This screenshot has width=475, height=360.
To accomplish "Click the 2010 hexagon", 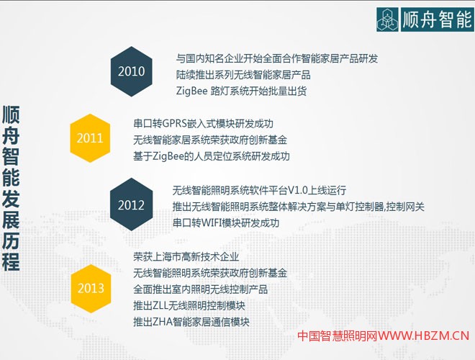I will pyautogui.click(x=132, y=72).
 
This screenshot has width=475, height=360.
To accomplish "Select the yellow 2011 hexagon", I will pyautogui.click(x=91, y=138).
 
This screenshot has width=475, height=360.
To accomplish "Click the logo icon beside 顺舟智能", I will pyautogui.click(x=390, y=17).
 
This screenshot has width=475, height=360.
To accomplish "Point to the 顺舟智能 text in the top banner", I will pyautogui.click(x=436, y=17).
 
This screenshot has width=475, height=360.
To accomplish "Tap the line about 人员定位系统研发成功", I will pyautogui.click(x=212, y=156).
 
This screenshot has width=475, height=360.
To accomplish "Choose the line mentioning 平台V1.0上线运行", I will pyautogui.click(x=259, y=190).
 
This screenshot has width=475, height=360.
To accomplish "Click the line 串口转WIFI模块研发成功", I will pyautogui.click(x=225, y=223).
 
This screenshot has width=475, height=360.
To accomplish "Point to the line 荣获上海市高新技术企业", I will pyautogui.click(x=186, y=256).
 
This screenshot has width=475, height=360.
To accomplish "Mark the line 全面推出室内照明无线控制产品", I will pyautogui.click(x=201, y=289).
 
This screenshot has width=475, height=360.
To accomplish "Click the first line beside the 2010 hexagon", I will pyautogui.click(x=276, y=58).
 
